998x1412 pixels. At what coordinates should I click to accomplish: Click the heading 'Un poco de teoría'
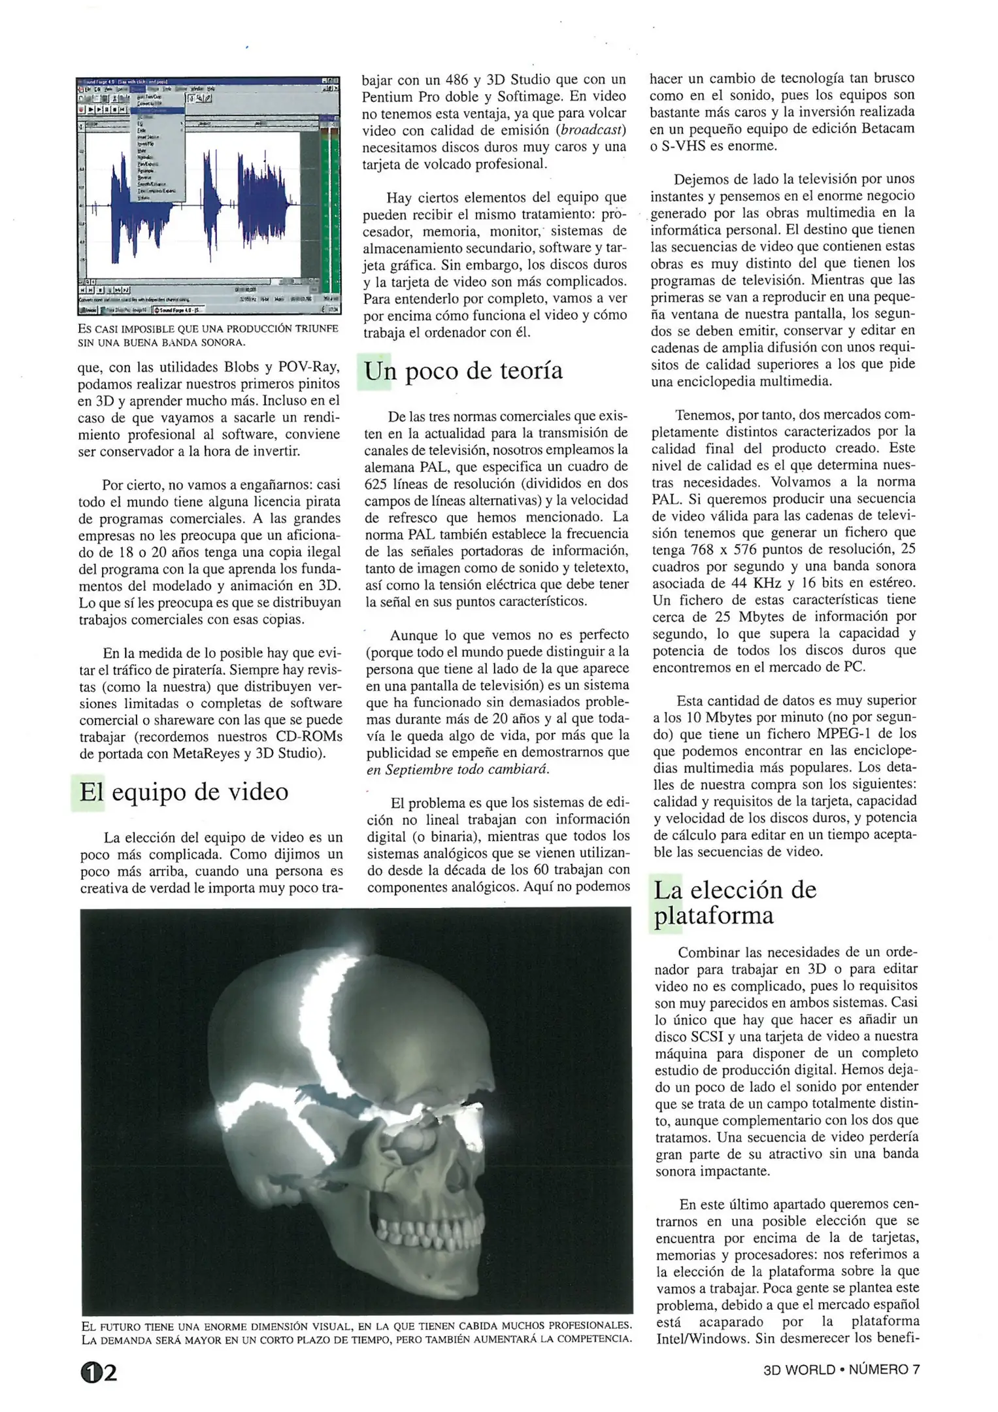[x=463, y=371]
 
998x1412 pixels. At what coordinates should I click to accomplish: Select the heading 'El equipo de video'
[x=184, y=792]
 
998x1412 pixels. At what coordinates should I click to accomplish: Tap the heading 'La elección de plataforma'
[x=735, y=902]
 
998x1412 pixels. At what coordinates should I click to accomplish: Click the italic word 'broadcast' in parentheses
[x=590, y=130]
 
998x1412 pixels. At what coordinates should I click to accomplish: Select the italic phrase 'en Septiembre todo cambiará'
[x=457, y=769]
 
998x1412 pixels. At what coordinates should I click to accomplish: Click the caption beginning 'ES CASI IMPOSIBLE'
[x=208, y=335]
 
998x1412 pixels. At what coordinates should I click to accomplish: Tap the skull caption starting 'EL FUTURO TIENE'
[x=356, y=1332]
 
